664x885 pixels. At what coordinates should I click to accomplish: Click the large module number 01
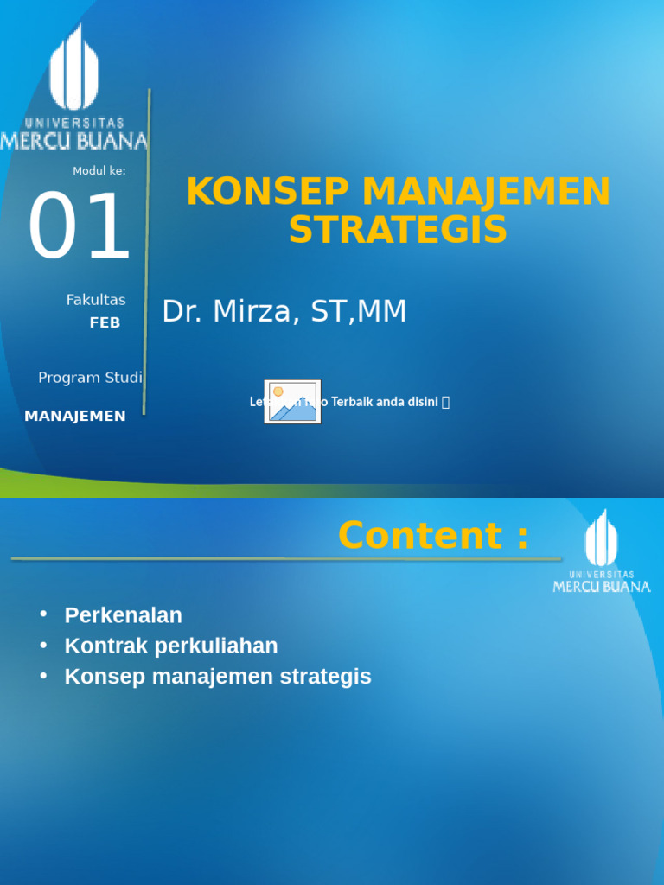click(79, 227)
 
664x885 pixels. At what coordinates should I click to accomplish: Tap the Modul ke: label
click(99, 171)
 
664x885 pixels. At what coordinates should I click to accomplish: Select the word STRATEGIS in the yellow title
click(398, 230)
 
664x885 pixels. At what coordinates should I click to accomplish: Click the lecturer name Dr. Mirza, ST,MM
click(284, 311)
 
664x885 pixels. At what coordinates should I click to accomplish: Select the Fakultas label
click(95, 300)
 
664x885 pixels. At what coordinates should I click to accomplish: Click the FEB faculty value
click(105, 323)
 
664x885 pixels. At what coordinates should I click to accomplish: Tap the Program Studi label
click(90, 378)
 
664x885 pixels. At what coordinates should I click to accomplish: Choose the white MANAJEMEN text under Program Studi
click(75, 416)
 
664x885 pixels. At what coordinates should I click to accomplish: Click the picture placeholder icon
click(292, 402)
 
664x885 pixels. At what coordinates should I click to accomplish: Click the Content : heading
click(432, 535)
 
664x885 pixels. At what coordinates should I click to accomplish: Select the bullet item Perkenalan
click(123, 615)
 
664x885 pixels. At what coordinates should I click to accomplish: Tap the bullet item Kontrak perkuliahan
click(171, 646)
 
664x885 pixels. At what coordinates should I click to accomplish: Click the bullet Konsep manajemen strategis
click(218, 676)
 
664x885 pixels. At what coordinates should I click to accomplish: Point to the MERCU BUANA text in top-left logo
click(73, 140)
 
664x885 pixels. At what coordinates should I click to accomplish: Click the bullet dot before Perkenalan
click(43, 614)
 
